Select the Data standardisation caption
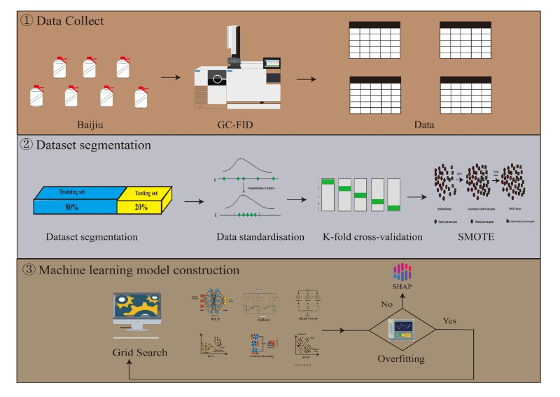coord(260,236)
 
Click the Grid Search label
coord(140,352)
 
